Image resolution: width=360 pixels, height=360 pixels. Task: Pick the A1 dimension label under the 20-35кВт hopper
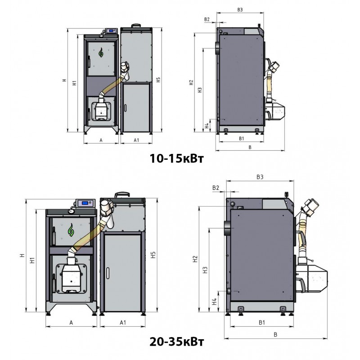[122, 323]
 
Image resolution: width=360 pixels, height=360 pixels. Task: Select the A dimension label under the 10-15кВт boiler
[101, 140]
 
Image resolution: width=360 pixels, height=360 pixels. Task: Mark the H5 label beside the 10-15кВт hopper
[157, 81]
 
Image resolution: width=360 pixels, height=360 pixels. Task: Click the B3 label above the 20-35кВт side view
[259, 178]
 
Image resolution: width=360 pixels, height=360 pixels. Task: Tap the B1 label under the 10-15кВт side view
[241, 138]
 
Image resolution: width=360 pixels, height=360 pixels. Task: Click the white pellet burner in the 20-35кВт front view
[70, 276]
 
